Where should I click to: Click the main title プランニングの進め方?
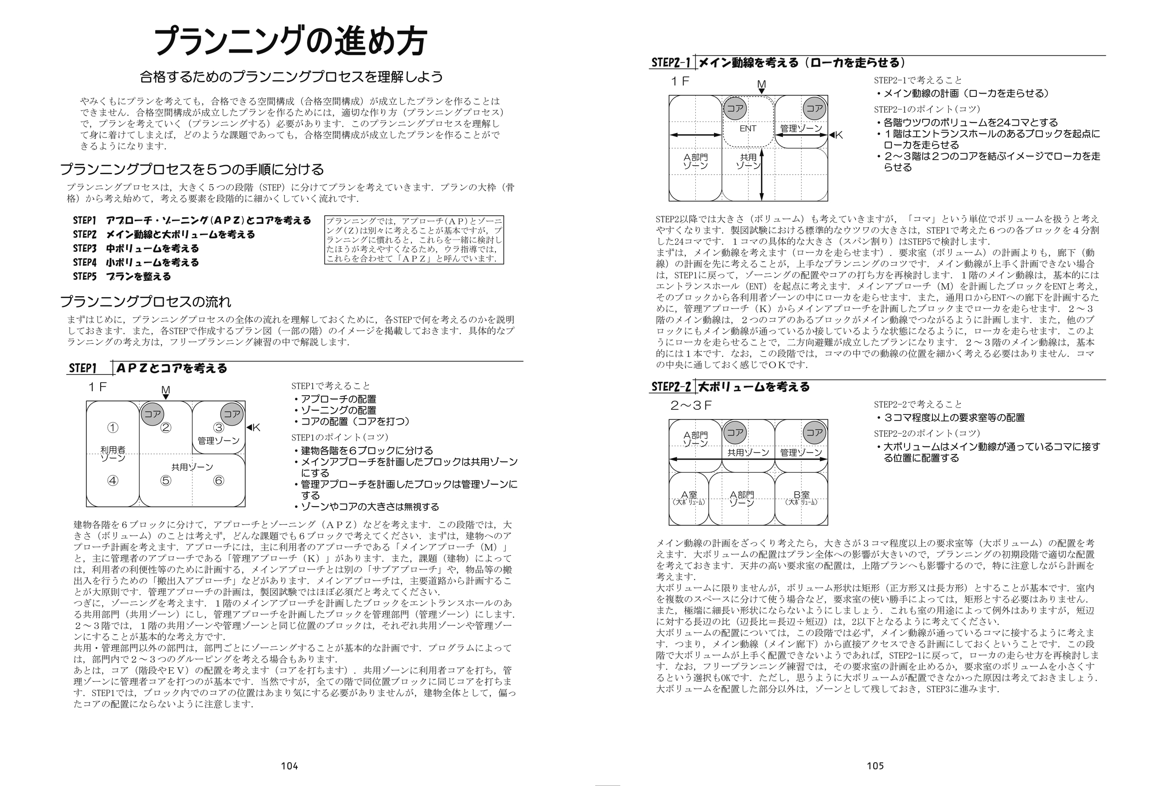[x=290, y=41]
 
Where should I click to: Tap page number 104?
[x=289, y=766]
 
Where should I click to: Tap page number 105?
[x=875, y=766]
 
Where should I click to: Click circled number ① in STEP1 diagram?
[x=113, y=428]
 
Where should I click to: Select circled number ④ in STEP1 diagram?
[x=113, y=481]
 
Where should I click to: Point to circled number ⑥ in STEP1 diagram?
[x=219, y=481]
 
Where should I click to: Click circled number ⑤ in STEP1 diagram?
[x=165, y=481]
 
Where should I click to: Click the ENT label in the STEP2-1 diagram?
[x=747, y=129]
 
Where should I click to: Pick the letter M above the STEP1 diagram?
[x=165, y=390]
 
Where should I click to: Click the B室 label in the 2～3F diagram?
[x=801, y=495]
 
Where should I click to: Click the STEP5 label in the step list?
[x=84, y=277]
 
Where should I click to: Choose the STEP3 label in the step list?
[x=84, y=249]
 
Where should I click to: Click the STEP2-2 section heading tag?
[x=671, y=387]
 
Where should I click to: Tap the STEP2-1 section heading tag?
[x=671, y=62]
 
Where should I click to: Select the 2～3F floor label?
[x=691, y=405]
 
